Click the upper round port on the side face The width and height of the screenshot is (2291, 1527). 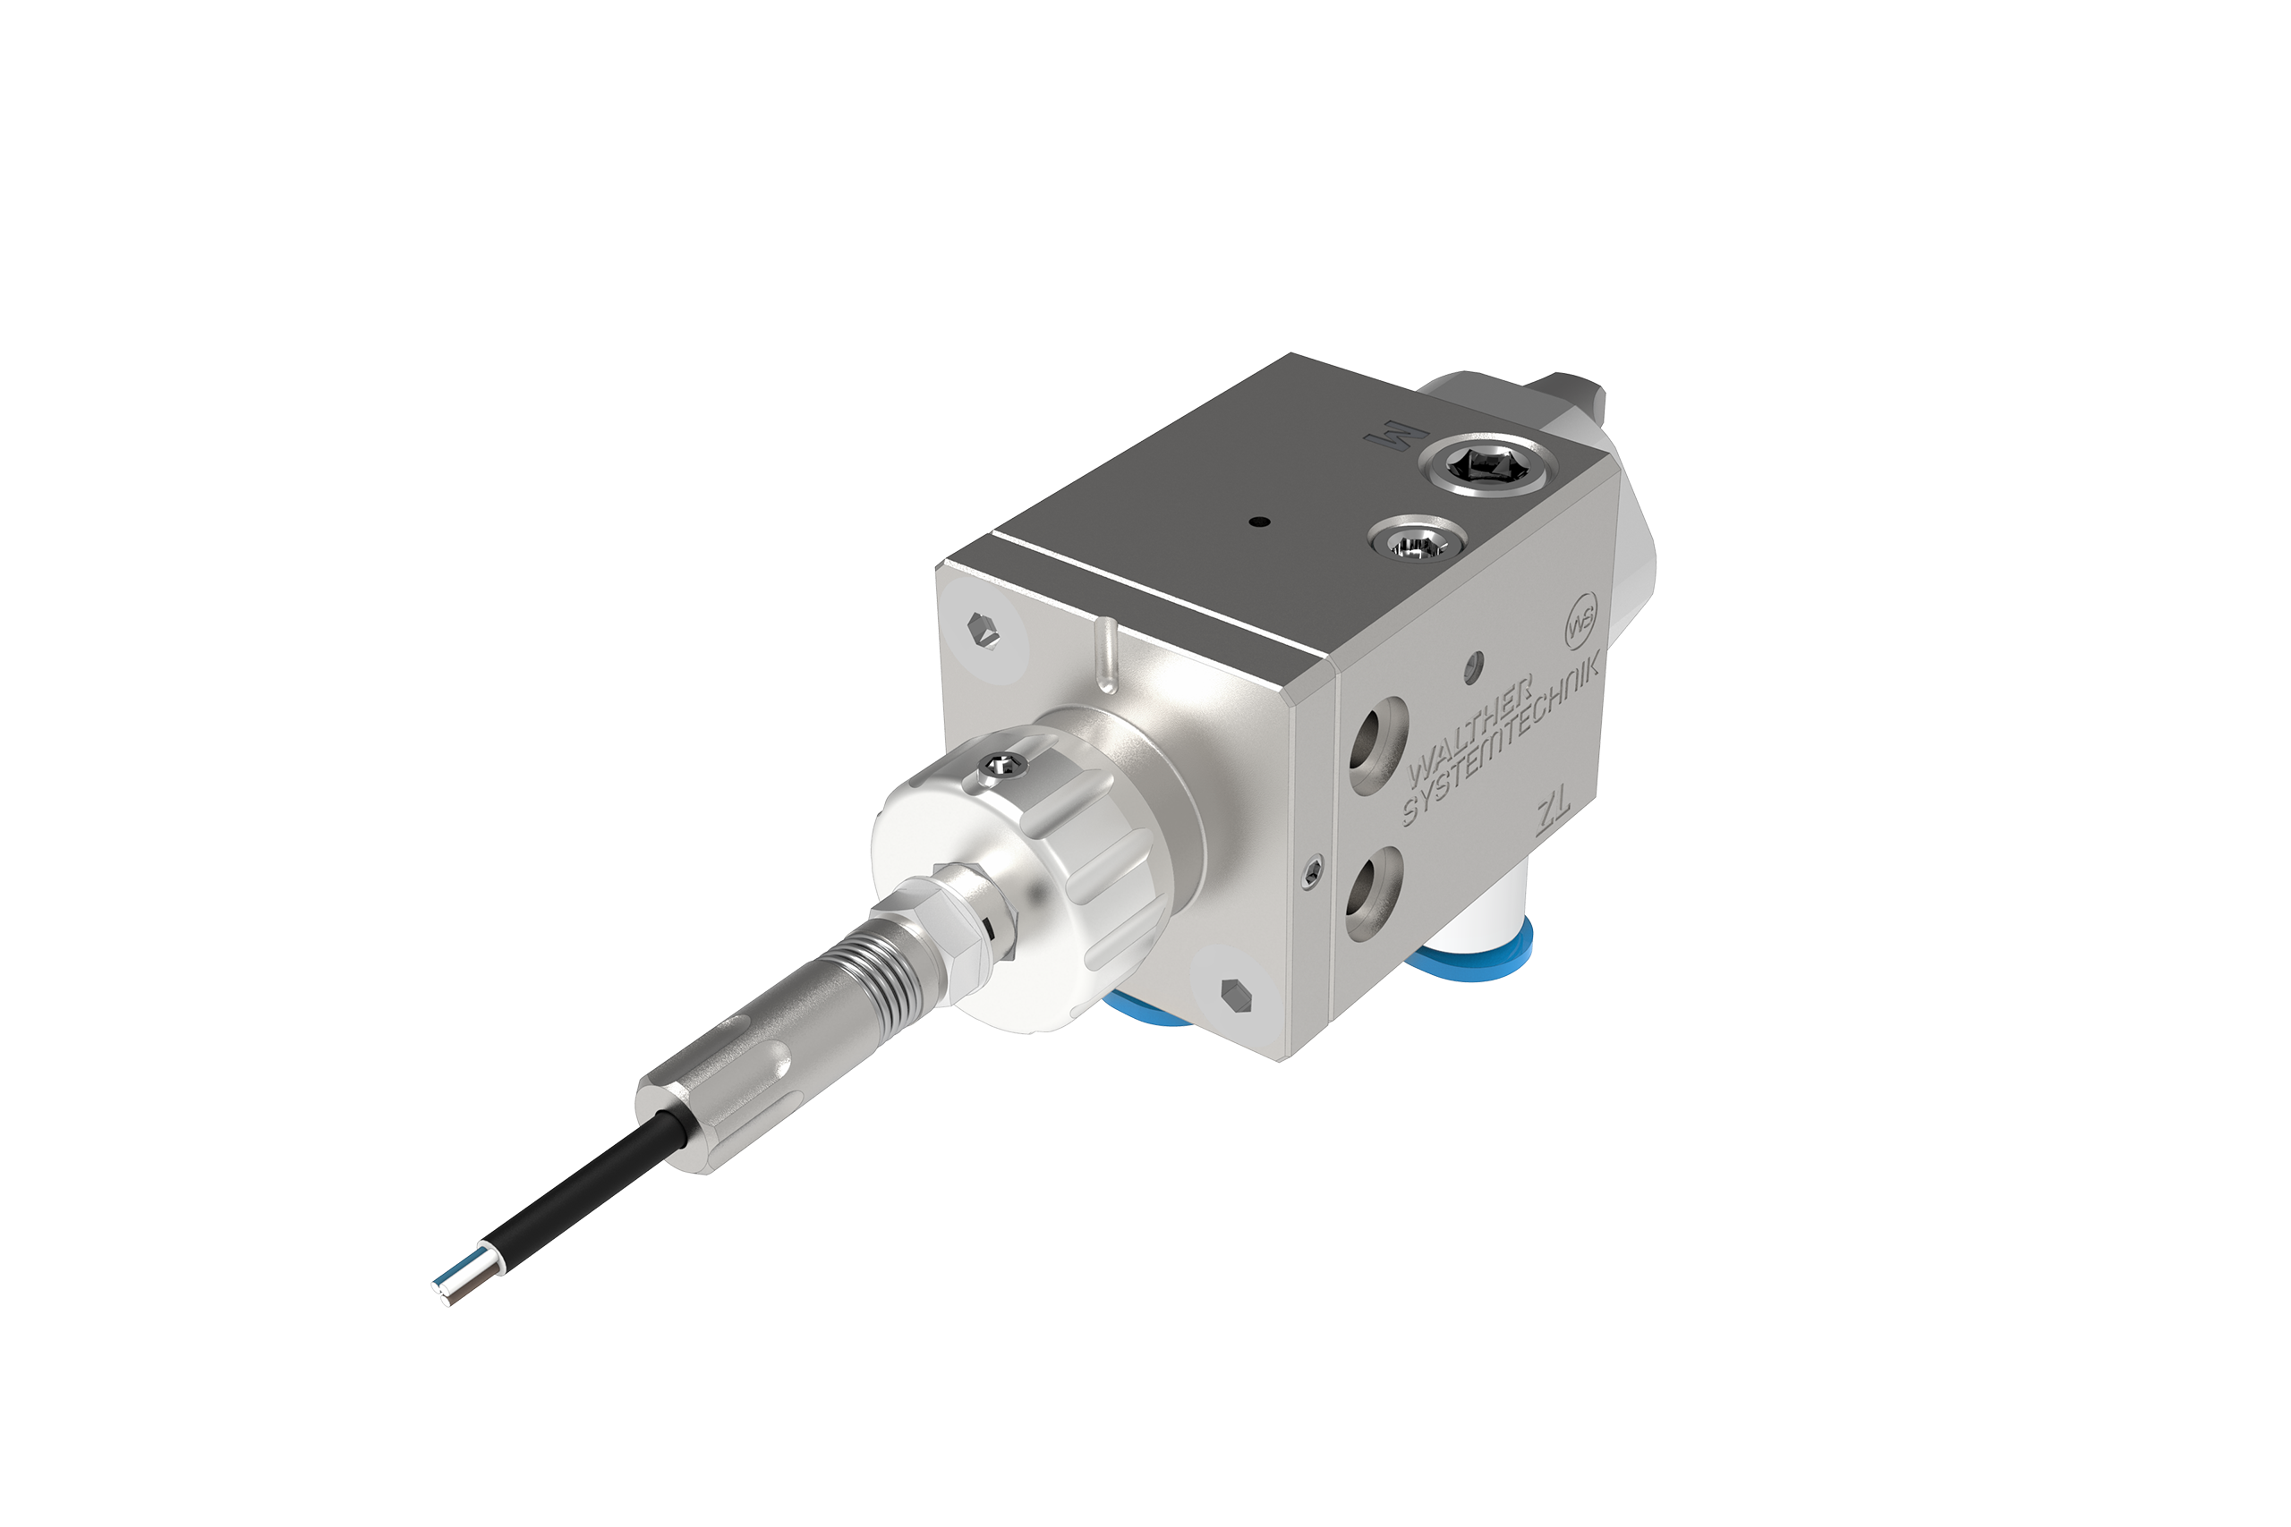tap(1376, 742)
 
